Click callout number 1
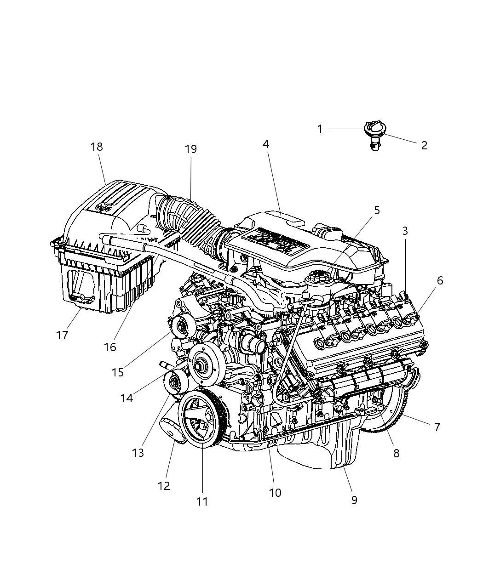(x=320, y=129)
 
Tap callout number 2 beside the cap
(x=424, y=145)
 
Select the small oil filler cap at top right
(x=374, y=130)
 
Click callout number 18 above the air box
(x=97, y=147)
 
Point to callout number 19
(x=190, y=149)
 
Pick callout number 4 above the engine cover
(x=265, y=144)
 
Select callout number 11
(x=202, y=501)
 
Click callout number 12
(x=164, y=486)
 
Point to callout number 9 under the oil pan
(x=354, y=500)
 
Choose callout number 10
(x=275, y=493)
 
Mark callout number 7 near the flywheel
(x=437, y=427)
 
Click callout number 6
(x=440, y=280)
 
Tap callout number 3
(x=405, y=231)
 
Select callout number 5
(x=377, y=211)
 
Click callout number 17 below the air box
(x=62, y=335)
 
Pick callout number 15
(x=118, y=372)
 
